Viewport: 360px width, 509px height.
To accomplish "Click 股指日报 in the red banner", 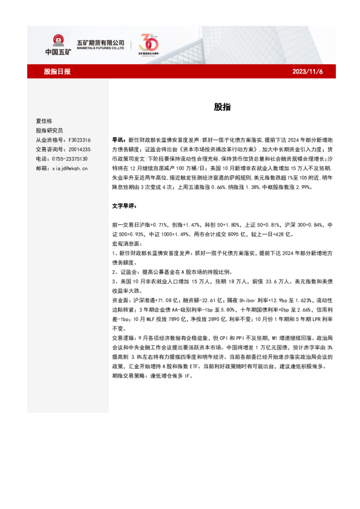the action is click(x=57, y=71).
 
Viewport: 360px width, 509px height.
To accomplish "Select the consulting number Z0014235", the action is click(x=78, y=149).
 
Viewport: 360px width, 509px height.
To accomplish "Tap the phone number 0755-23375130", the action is click(x=70, y=158).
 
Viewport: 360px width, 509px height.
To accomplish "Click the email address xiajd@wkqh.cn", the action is click(x=70, y=168).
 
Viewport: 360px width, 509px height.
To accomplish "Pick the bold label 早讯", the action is click(x=119, y=139).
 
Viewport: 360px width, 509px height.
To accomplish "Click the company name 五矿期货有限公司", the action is click(x=100, y=42).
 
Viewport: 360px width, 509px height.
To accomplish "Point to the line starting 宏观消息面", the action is click(x=129, y=244).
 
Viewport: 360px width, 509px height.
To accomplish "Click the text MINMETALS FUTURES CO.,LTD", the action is click(x=100, y=49).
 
